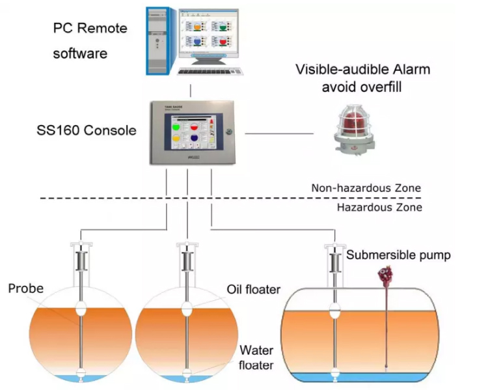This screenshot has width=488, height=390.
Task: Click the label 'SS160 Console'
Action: point(87,130)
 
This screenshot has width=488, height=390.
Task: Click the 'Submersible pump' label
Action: point(398,255)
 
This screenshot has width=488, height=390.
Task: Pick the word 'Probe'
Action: point(26,288)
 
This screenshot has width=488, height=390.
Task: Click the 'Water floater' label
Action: point(256,356)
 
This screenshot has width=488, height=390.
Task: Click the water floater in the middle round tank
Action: point(187,373)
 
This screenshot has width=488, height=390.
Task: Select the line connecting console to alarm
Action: point(280,133)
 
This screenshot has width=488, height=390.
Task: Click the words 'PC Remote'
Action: point(90,29)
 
